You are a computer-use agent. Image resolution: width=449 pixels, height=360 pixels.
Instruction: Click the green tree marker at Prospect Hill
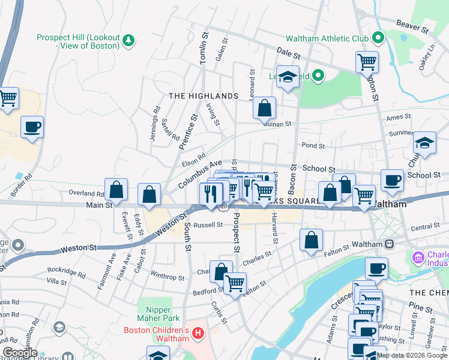click(x=128, y=40)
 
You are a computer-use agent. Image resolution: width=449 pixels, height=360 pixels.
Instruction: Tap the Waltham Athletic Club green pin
click(x=378, y=38)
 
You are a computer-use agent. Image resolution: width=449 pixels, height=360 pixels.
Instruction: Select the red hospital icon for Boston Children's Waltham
click(x=199, y=332)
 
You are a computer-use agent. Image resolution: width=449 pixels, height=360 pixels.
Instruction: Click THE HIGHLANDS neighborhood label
click(x=203, y=96)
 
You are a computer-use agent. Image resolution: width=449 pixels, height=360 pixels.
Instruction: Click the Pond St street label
click(x=313, y=146)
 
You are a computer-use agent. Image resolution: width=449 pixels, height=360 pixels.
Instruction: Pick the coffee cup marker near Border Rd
click(x=32, y=127)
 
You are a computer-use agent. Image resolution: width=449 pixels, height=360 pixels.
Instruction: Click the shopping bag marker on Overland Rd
click(x=116, y=190)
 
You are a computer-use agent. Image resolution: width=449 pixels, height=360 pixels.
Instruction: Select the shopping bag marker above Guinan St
click(x=264, y=109)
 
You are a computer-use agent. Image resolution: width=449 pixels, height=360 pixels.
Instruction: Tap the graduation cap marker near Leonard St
click(x=288, y=77)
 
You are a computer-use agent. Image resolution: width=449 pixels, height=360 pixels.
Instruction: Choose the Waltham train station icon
click(x=389, y=244)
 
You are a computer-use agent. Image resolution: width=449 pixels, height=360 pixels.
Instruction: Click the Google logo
click(x=20, y=353)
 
